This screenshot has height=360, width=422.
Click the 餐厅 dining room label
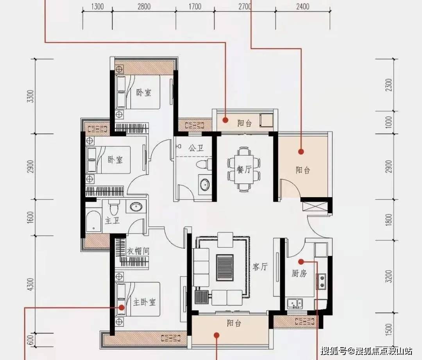point(244,169)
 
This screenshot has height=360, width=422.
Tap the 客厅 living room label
point(260,267)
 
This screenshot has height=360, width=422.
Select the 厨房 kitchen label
point(299,273)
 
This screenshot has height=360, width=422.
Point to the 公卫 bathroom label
point(196,148)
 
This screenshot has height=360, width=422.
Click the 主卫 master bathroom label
point(112,221)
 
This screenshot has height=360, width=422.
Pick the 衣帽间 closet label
point(138,251)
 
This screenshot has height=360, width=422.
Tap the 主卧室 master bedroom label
point(145,302)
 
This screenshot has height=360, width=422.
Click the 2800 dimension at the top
point(144,6)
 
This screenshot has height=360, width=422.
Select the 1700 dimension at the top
point(195,6)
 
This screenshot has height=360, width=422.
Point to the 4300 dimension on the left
point(31,284)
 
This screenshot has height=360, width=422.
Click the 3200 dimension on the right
point(389,276)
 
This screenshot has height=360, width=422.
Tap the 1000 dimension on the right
point(389,122)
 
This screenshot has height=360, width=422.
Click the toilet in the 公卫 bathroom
point(204,164)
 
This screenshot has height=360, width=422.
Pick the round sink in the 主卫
point(136,207)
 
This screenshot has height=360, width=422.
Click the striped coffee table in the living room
point(225,267)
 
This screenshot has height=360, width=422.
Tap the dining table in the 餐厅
point(244,169)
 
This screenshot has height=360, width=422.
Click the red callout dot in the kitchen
point(301,261)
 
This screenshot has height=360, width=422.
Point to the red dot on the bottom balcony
point(216,335)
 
